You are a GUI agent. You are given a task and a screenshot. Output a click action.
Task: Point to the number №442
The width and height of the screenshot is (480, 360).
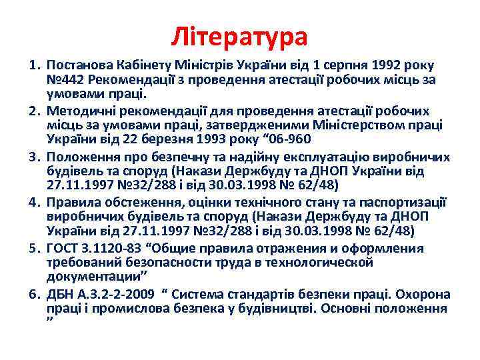coord(64,80)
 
